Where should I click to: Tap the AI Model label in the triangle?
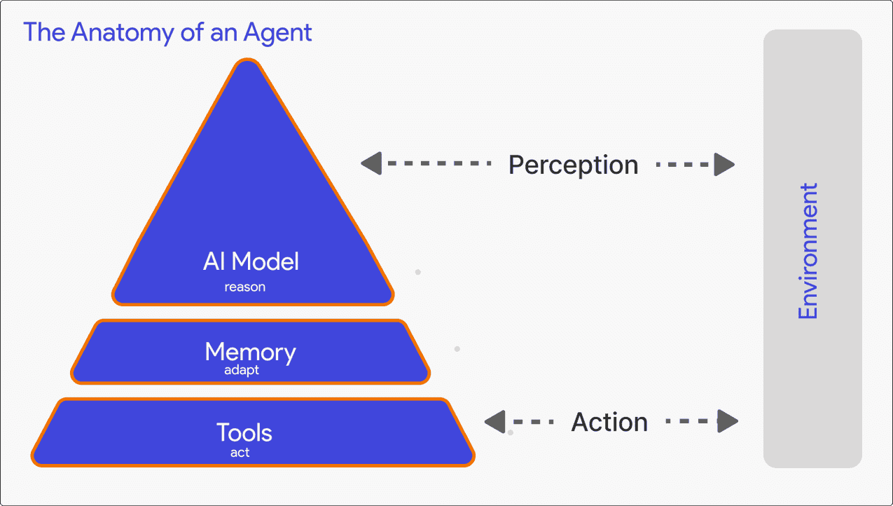(251, 261)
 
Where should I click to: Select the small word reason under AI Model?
(244, 287)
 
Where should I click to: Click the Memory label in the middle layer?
(250, 351)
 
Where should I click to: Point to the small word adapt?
(242, 370)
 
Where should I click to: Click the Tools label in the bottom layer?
(244, 432)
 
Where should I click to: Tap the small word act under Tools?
(240, 453)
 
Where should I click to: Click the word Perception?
(573, 165)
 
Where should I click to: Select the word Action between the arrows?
(609, 422)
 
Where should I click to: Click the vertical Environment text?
(808, 251)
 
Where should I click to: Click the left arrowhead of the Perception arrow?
(371, 164)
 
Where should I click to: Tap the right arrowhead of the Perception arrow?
(724, 165)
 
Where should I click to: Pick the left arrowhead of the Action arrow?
(494, 422)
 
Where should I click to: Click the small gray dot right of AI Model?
(418, 272)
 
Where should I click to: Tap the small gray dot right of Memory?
(457, 348)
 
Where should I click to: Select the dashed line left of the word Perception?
(438, 164)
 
